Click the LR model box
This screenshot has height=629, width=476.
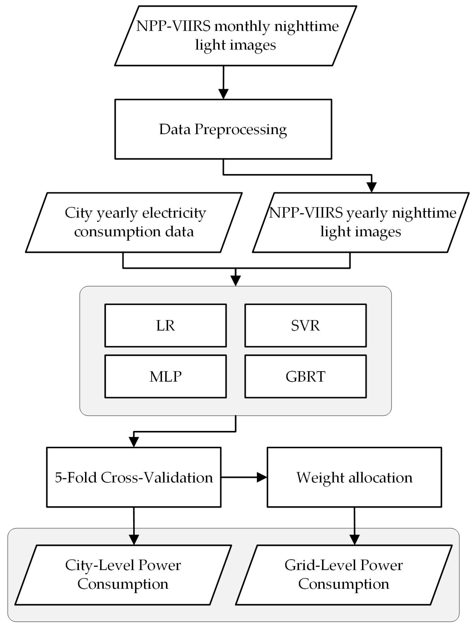click(x=165, y=325)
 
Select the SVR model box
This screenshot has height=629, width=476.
click(x=305, y=325)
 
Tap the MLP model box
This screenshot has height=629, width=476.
click(x=165, y=376)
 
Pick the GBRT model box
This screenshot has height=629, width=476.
click(x=305, y=376)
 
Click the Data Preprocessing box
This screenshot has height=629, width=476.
click(x=223, y=129)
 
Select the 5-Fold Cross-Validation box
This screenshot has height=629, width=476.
click(x=134, y=477)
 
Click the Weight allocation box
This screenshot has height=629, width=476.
click(x=354, y=477)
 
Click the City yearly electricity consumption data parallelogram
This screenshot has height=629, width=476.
click(x=134, y=222)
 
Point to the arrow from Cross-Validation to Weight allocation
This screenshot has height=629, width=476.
click(x=244, y=477)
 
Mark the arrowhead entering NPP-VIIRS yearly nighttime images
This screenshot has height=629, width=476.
click(x=372, y=188)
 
